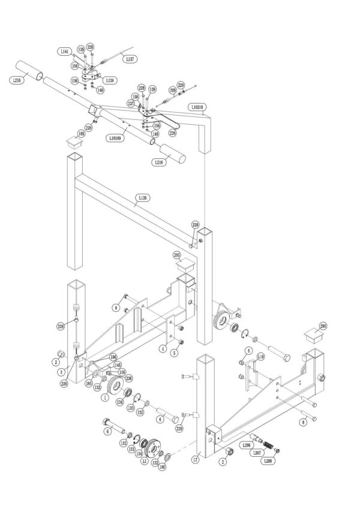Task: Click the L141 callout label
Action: click(65, 52)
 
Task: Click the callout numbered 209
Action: click(172, 90)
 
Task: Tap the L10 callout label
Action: click(260, 356)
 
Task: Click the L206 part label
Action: click(246, 445)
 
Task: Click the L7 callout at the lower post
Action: click(196, 460)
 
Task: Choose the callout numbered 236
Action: click(128, 378)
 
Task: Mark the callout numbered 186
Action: click(112, 357)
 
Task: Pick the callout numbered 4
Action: click(162, 348)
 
